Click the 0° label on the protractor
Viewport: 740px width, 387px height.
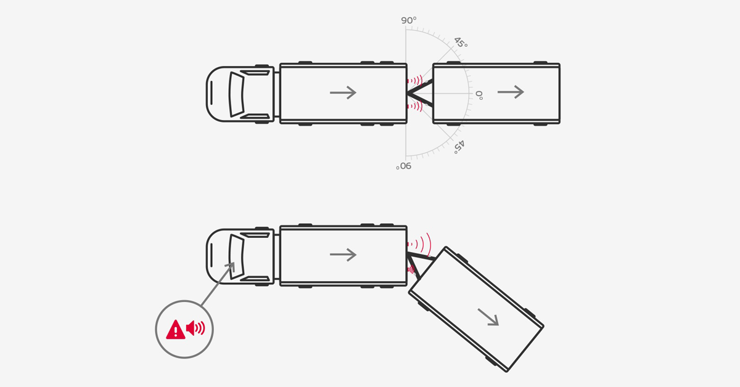(x=479, y=96)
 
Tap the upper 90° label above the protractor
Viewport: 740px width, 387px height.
(x=408, y=20)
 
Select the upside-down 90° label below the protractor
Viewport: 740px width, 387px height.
(x=404, y=166)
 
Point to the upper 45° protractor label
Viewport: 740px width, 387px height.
(x=460, y=43)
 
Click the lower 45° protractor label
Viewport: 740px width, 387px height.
(x=459, y=146)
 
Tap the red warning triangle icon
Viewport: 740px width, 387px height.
(x=176, y=330)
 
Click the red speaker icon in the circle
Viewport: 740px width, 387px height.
(x=195, y=328)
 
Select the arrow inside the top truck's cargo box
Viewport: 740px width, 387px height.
(x=343, y=92)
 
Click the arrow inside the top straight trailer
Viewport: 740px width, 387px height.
(x=511, y=92)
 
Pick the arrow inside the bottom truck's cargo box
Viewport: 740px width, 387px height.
(x=343, y=255)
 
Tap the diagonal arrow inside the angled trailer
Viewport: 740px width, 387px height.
(x=488, y=317)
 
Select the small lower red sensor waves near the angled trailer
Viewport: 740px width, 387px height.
(x=411, y=270)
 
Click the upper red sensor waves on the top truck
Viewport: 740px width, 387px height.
(x=415, y=80)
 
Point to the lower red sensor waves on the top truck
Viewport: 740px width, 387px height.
(x=415, y=107)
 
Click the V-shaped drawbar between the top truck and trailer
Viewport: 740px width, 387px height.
(x=419, y=93)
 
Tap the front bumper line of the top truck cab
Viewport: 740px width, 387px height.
(x=212, y=94)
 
